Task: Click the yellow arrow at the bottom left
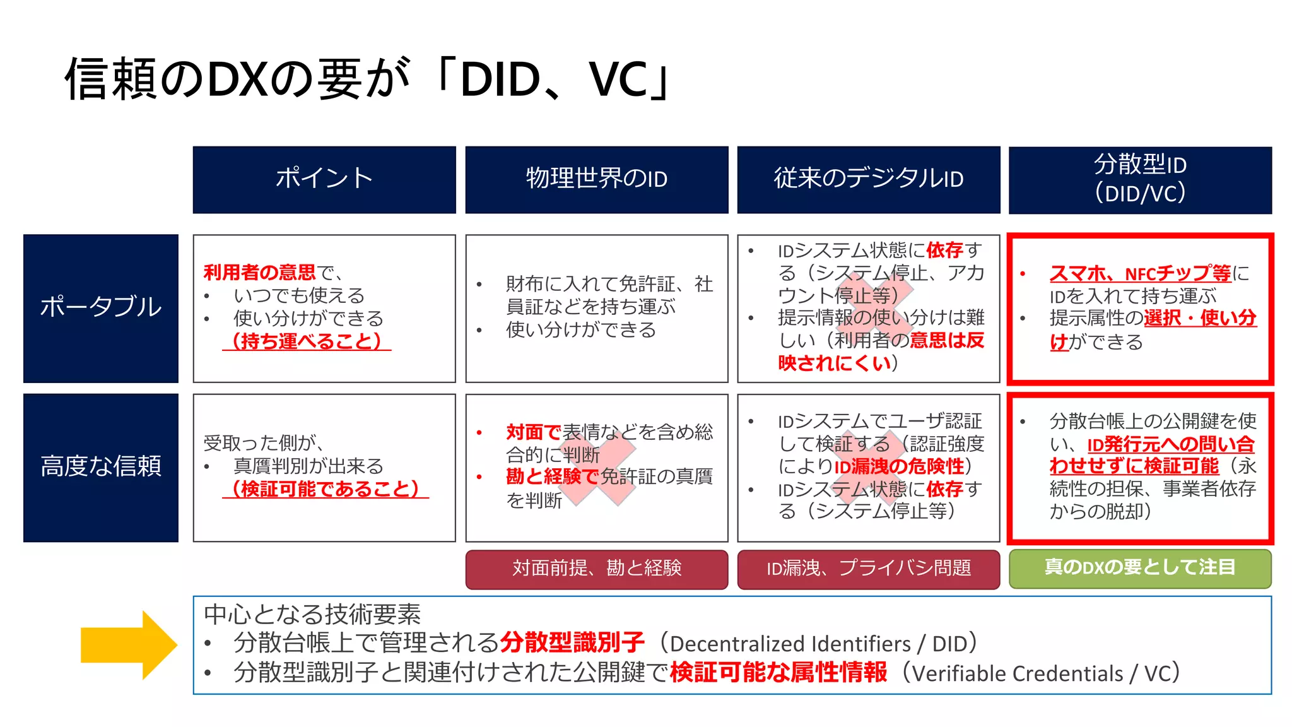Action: pyautogui.click(x=129, y=645)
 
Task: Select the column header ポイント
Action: pyautogui.click(x=324, y=179)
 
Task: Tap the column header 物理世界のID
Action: pyautogui.click(x=597, y=179)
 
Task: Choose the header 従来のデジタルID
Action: pyautogui.click(x=869, y=179)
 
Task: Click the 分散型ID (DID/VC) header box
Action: pyautogui.click(x=1140, y=179)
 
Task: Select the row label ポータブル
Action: pyautogui.click(x=101, y=307)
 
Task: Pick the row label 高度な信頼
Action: pyautogui.click(x=101, y=467)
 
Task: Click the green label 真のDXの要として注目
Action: pyautogui.click(x=1140, y=568)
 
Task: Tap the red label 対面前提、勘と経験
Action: pyautogui.click(x=597, y=569)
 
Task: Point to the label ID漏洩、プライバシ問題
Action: pyautogui.click(x=869, y=569)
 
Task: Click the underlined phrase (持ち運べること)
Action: pyautogui.click(x=307, y=341)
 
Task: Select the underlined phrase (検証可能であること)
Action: pyautogui.click(x=325, y=489)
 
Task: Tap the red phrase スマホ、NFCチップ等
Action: pyautogui.click(x=1140, y=274)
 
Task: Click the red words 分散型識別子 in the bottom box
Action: pyautogui.click(x=572, y=643)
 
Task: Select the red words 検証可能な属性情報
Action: pyautogui.click(x=778, y=673)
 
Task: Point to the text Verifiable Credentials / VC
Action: pyautogui.click(x=1041, y=674)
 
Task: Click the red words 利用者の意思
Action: pyautogui.click(x=259, y=273)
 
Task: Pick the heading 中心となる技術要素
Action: pyautogui.click(x=312, y=614)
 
